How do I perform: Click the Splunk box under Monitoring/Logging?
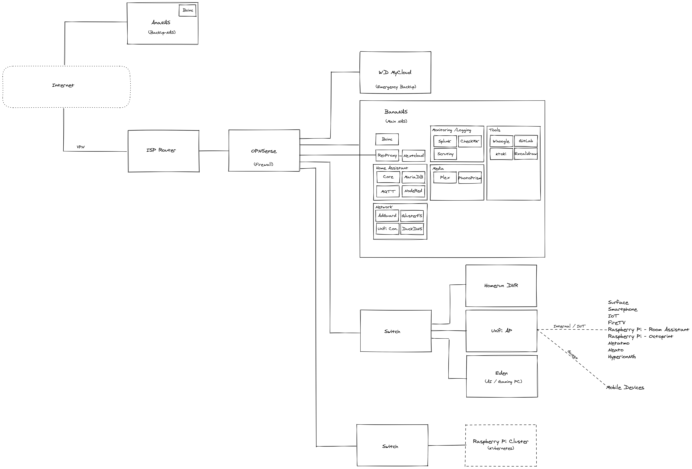445,141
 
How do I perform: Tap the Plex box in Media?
445,178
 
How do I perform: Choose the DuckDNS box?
412,229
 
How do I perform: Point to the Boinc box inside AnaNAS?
188,10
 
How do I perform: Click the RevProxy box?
387,155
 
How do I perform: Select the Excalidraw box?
526,154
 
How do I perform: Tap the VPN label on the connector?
81,147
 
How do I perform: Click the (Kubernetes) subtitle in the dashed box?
501,448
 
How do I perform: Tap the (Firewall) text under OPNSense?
264,164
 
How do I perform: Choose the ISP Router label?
161,150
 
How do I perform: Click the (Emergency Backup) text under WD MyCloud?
396,87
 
